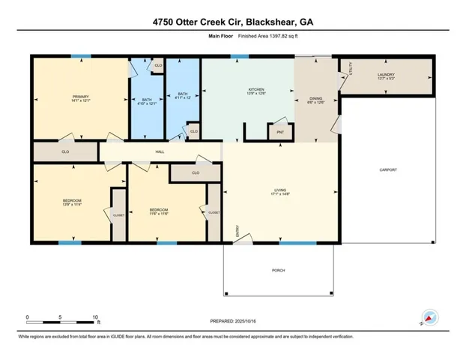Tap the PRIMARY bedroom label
(x=80, y=97)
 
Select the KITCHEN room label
(x=256, y=91)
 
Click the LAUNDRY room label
(x=386, y=74)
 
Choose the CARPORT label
(x=387, y=169)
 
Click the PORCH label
(x=278, y=270)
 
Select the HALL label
(x=160, y=151)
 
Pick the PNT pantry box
(x=280, y=132)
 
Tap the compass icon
(x=430, y=317)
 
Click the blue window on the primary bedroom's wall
(x=81, y=55)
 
